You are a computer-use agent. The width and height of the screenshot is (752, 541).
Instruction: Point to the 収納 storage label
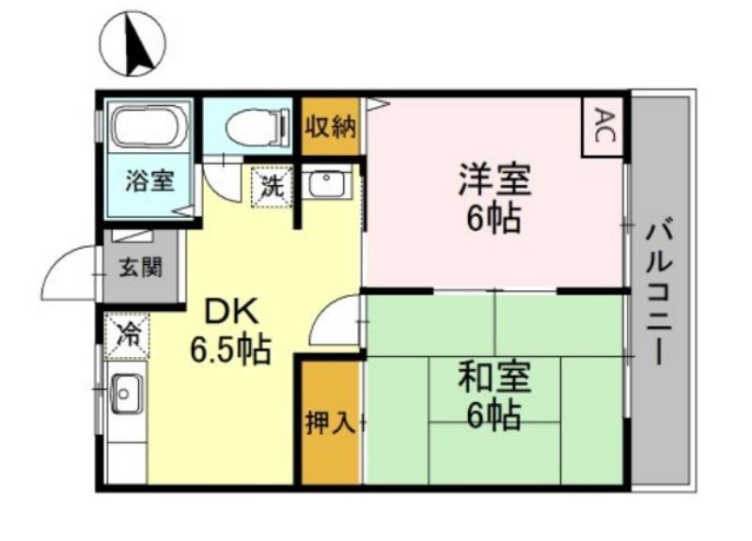click(330, 125)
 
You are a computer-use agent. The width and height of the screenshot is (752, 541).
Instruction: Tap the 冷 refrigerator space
click(127, 333)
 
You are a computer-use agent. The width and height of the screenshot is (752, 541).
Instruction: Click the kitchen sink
click(124, 393)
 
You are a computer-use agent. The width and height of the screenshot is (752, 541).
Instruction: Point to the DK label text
click(231, 311)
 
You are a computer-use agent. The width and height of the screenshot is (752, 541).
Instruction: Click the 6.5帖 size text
click(231, 349)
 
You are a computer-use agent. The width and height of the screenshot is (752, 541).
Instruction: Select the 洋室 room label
click(494, 178)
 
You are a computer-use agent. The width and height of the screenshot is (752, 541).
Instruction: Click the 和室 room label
click(494, 377)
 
